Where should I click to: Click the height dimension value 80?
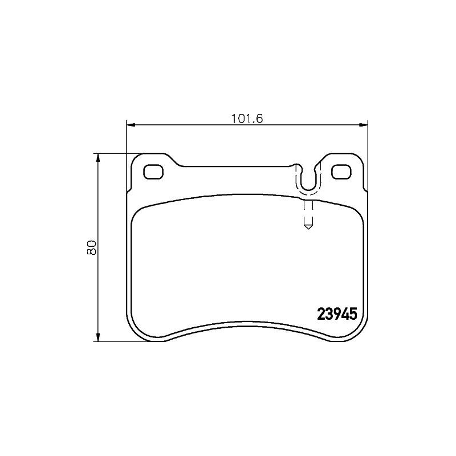[x=91, y=247]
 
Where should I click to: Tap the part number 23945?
[x=336, y=313]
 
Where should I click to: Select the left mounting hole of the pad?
[x=153, y=171]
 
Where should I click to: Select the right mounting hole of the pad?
[x=341, y=171]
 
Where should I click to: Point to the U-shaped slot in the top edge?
[x=308, y=180]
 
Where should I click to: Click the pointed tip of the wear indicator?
[x=308, y=227]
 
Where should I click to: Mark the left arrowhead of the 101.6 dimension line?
[x=129, y=124]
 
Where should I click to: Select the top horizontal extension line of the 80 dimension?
[x=114, y=153]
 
